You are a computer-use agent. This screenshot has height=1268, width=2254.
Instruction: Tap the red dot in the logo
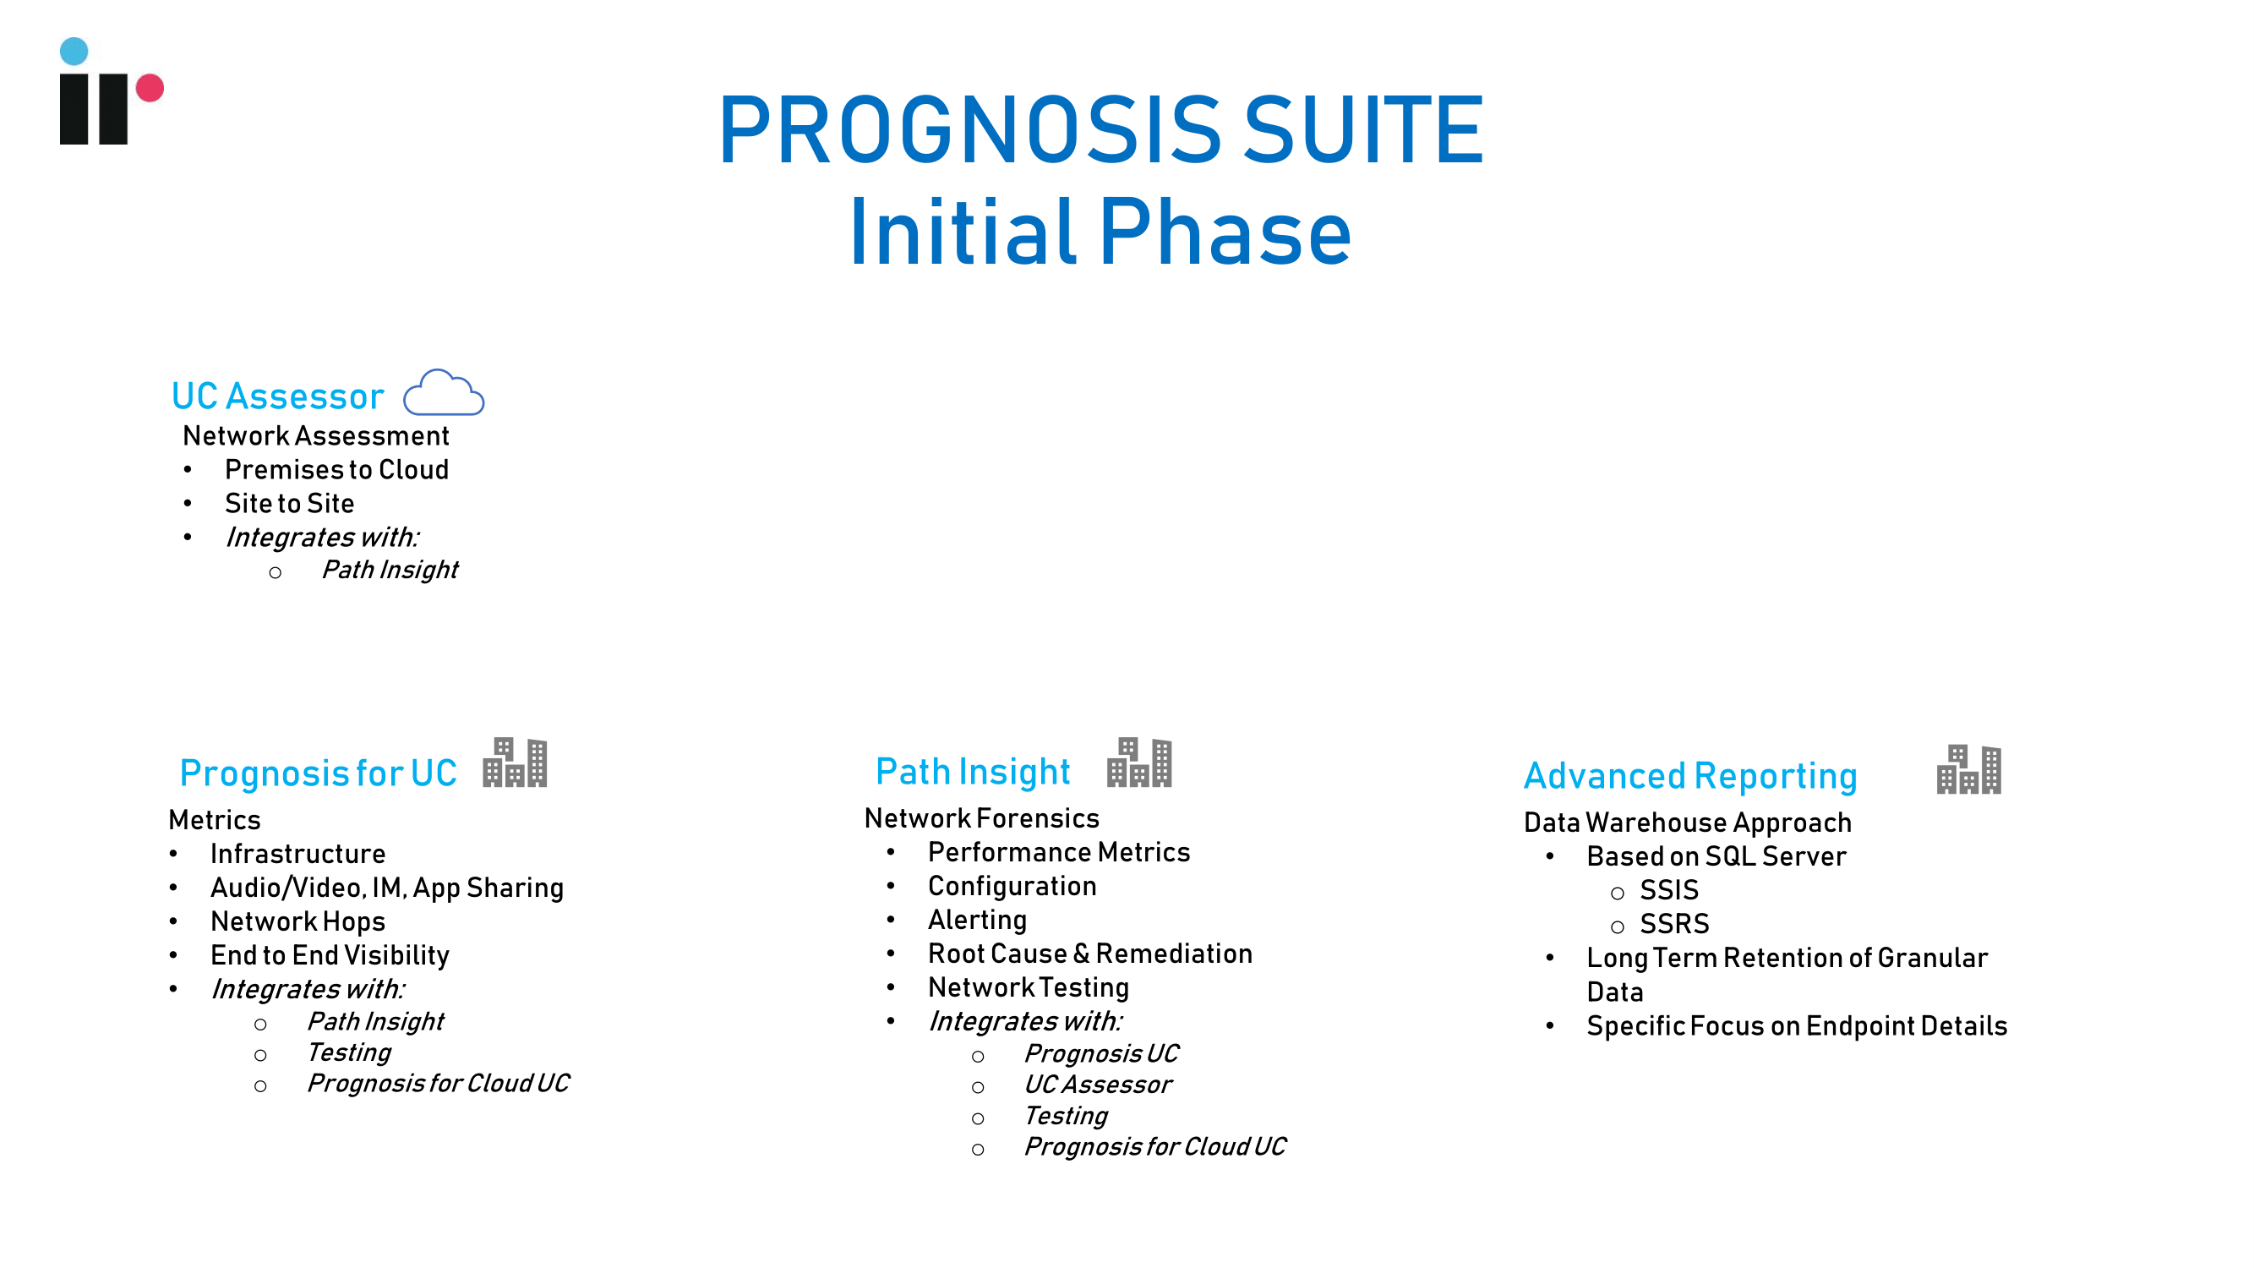click(x=150, y=88)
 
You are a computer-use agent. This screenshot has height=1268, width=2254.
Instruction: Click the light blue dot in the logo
click(x=74, y=51)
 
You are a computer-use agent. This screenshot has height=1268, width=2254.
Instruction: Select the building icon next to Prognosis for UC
click(x=516, y=762)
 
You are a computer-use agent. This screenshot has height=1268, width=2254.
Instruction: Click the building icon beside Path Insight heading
click(x=1139, y=762)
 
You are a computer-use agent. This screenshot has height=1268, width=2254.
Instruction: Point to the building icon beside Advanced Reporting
click(x=1968, y=769)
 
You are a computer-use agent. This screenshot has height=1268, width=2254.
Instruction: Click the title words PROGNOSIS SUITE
click(x=1100, y=130)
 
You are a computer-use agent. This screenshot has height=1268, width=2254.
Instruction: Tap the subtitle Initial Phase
click(x=1100, y=232)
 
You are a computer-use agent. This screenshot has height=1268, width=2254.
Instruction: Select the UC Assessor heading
click(x=277, y=396)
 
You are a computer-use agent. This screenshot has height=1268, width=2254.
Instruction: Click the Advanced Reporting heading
click(x=1690, y=776)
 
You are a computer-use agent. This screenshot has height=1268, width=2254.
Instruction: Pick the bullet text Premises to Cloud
click(x=337, y=470)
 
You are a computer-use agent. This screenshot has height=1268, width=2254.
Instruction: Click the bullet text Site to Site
click(x=290, y=503)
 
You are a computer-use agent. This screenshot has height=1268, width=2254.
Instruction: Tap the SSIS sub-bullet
click(x=1668, y=890)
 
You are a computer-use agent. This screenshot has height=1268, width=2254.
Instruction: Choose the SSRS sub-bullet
click(x=1674, y=924)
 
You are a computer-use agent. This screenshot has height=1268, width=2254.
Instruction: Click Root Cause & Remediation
click(x=1090, y=954)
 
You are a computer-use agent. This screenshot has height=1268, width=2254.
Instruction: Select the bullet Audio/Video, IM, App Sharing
click(x=387, y=888)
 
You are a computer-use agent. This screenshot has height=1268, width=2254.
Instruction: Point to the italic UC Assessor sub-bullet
click(x=1098, y=1085)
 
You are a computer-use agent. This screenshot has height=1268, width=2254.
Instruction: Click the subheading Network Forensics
click(x=982, y=818)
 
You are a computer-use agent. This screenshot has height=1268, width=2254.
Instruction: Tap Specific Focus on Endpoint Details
click(x=1798, y=1025)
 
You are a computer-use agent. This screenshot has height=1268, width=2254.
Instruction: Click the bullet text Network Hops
click(x=297, y=921)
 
